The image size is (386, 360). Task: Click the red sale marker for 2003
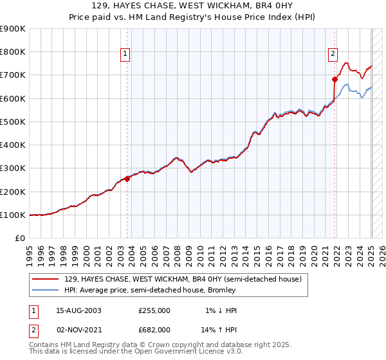[x=127, y=179]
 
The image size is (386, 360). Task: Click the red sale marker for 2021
[x=335, y=80]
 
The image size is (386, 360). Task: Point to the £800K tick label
[x=13, y=52]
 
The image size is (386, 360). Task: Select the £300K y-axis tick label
[x=13, y=168]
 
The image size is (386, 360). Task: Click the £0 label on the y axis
[x=20, y=239]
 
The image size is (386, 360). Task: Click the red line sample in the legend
[x=46, y=279]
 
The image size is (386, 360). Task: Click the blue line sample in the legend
[x=46, y=291]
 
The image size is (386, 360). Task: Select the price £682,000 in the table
[x=154, y=329]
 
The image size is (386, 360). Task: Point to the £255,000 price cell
[x=154, y=310]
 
